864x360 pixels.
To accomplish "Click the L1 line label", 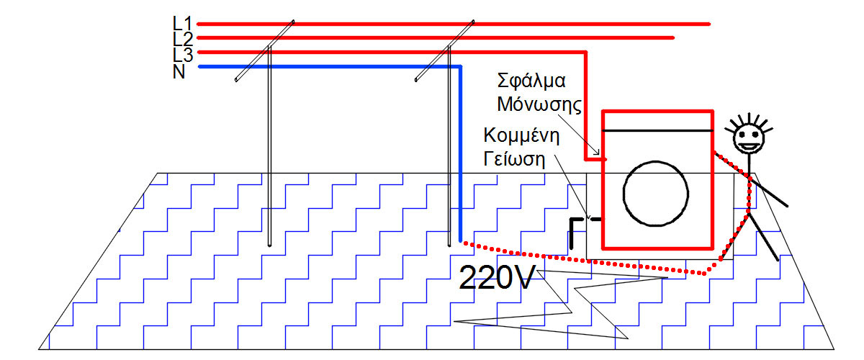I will pyautogui.click(x=182, y=24).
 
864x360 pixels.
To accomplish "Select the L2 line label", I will pyautogui.click(x=182, y=38).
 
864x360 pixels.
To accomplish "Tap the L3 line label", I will pyautogui.click(x=182, y=54).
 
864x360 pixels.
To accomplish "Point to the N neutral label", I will pyautogui.click(x=180, y=71).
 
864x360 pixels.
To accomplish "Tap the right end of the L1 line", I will pyautogui.click(x=708, y=24).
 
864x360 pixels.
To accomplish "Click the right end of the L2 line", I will pyautogui.click(x=672, y=37).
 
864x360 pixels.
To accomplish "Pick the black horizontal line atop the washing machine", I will pyautogui.click(x=657, y=131).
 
